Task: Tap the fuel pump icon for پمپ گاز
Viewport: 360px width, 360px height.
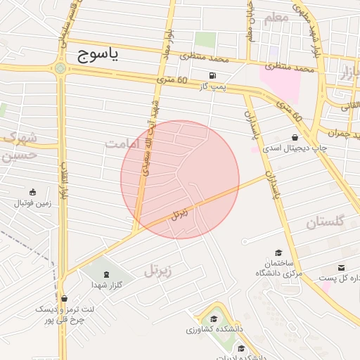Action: point(212,75)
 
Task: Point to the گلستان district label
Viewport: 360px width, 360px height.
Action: point(326,222)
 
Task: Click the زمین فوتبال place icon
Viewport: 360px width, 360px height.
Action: point(32,192)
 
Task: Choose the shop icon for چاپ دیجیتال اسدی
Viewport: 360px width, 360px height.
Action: point(294,138)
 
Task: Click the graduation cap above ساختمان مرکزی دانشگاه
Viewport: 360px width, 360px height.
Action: point(278,252)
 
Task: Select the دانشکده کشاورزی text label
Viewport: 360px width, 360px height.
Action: point(214,329)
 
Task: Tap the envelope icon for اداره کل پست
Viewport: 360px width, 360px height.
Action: point(342,268)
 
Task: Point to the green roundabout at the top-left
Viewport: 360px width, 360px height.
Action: point(60,68)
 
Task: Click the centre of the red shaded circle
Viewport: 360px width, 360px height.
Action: point(180,179)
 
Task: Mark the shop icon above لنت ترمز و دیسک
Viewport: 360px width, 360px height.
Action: point(64,299)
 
